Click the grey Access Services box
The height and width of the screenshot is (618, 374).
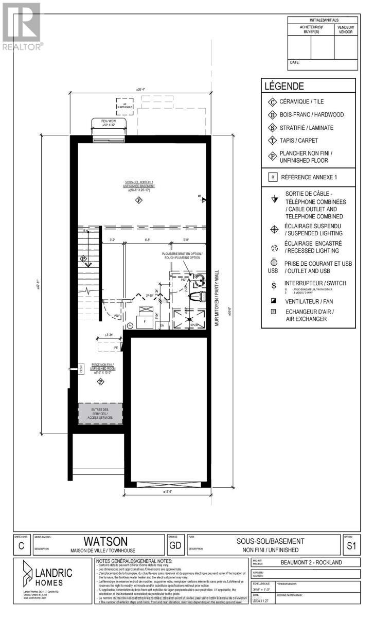pyautogui.click(x=100, y=414)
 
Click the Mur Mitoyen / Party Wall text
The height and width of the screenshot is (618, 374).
pyautogui.click(x=217, y=299)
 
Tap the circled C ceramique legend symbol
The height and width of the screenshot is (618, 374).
pyautogui.click(x=272, y=101)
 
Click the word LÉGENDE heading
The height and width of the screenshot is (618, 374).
pyautogui.click(x=284, y=87)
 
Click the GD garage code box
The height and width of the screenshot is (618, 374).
pyautogui.click(x=174, y=544)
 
